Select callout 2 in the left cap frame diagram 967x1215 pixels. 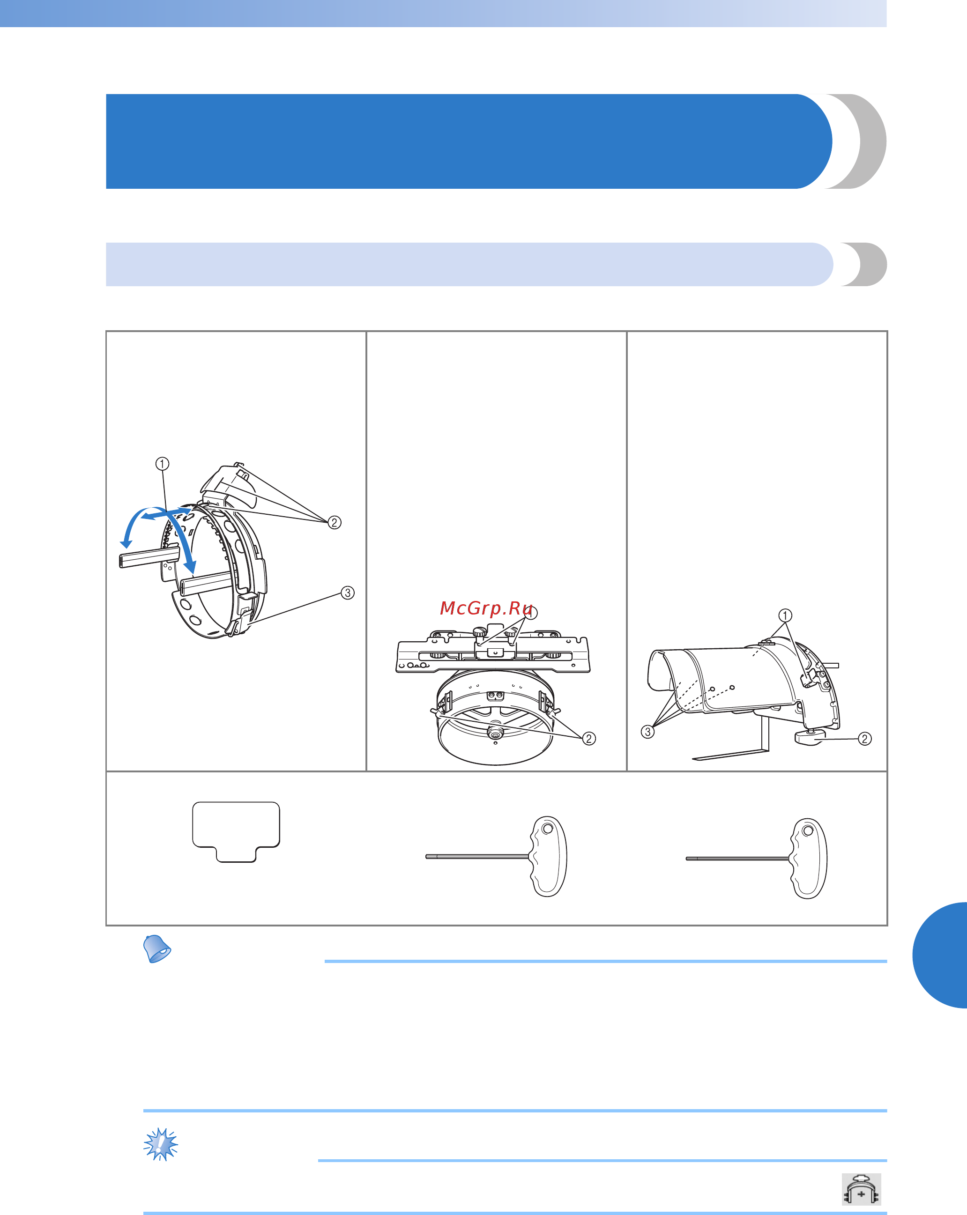click(x=335, y=522)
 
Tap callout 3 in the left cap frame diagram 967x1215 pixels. click(x=348, y=593)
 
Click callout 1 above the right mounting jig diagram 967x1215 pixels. click(x=785, y=615)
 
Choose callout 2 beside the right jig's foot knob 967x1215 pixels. click(x=865, y=738)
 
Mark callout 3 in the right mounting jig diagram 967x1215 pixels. click(x=648, y=732)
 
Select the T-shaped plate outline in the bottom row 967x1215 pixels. click(x=236, y=831)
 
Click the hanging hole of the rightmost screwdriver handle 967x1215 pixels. click(x=808, y=830)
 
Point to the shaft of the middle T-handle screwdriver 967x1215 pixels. click(x=477, y=857)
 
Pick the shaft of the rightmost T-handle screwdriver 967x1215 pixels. click(x=738, y=858)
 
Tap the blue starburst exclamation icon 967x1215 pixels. click(x=161, y=1143)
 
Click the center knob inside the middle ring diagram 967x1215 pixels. click(x=496, y=733)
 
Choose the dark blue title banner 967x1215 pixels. click(x=469, y=141)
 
